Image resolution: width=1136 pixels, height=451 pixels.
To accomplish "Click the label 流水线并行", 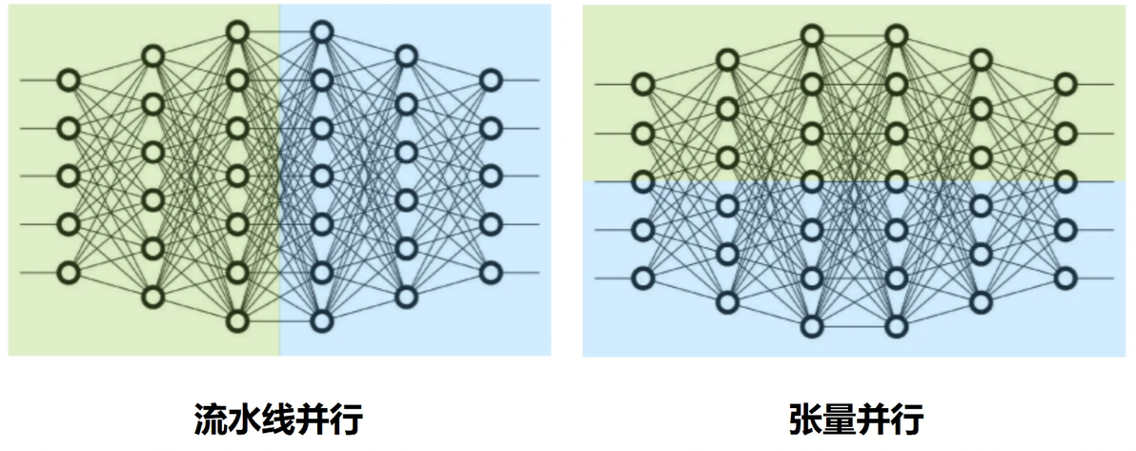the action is [x=278, y=420].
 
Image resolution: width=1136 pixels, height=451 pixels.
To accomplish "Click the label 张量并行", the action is [x=857, y=420].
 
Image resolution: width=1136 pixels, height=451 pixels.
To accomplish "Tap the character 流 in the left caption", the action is [x=210, y=420].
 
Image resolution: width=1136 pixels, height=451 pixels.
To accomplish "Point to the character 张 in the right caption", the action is [x=805, y=420].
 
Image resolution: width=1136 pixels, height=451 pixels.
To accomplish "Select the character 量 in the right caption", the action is [x=840, y=420].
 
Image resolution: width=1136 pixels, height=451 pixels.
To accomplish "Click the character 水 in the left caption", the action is [x=244, y=420].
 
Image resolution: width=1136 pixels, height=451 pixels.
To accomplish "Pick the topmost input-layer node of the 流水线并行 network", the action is [x=68, y=80].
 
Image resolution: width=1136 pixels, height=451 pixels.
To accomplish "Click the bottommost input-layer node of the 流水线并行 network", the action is [x=68, y=273].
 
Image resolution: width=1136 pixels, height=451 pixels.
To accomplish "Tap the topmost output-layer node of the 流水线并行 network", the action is [x=491, y=80].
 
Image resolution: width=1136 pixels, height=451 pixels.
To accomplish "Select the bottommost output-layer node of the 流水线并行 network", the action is [x=491, y=273].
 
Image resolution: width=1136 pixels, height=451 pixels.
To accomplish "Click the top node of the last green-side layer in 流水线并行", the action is [x=237, y=31].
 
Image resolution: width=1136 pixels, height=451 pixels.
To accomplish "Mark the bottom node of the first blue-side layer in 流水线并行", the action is [x=322, y=320].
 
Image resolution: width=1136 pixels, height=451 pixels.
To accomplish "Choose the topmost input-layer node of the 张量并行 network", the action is [x=642, y=84].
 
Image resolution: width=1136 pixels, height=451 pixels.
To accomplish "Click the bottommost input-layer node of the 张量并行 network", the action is [x=642, y=278].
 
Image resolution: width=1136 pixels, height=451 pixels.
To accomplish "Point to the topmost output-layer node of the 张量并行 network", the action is [x=1065, y=84].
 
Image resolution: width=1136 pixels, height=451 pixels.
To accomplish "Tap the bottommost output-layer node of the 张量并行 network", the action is [x=1065, y=278].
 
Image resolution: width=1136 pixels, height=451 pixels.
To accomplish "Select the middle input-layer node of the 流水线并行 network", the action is [x=68, y=176].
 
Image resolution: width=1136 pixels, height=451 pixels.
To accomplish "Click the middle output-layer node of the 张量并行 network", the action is [x=1065, y=181].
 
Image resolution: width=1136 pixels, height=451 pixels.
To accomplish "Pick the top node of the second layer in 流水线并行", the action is [x=152, y=56].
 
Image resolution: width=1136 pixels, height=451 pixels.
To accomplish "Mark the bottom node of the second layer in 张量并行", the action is [x=727, y=302].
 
